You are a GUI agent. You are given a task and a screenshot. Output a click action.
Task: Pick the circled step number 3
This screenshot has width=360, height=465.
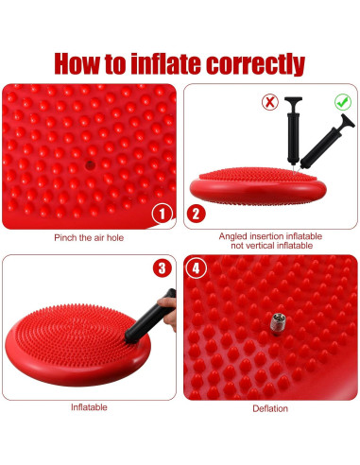[162, 267]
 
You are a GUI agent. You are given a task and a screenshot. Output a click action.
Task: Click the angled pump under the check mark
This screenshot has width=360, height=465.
[325, 142]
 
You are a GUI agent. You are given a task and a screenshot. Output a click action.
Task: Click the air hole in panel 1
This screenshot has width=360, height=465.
[89, 164]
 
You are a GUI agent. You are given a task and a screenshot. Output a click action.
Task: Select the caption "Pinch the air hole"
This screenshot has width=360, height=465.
[88, 237]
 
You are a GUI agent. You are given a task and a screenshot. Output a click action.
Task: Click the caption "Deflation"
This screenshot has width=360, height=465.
[270, 408]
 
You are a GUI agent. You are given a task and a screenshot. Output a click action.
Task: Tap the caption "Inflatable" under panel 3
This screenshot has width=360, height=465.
[89, 407]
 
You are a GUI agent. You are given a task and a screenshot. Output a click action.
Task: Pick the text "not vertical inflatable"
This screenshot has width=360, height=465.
[270, 246]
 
